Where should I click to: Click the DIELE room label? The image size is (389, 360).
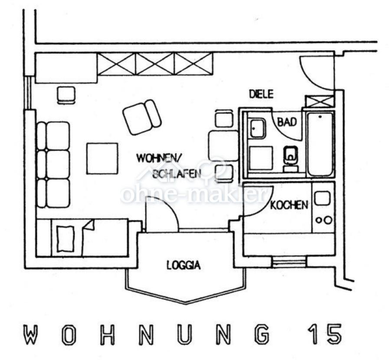(x=261, y=94)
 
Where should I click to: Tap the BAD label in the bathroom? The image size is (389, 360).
(x=287, y=122)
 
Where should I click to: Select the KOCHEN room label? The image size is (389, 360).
(x=289, y=206)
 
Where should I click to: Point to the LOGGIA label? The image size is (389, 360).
(x=183, y=265)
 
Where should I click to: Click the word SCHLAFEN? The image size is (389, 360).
(x=177, y=174)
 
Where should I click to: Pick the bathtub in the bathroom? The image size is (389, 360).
(x=320, y=144)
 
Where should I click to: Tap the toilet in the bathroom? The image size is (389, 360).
(x=291, y=159)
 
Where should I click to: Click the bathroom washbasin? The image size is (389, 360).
(x=258, y=128)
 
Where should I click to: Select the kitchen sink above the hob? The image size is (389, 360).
(x=322, y=198)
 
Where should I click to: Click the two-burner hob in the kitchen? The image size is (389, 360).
(x=324, y=220)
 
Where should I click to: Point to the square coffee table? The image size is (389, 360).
(x=102, y=159)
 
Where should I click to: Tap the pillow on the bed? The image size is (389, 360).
(x=65, y=239)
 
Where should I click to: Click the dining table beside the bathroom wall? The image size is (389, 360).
(x=223, y=146)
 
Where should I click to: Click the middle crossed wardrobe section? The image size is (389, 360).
(x=155, y=63)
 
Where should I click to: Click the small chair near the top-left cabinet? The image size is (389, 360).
(x=66, y=95)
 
